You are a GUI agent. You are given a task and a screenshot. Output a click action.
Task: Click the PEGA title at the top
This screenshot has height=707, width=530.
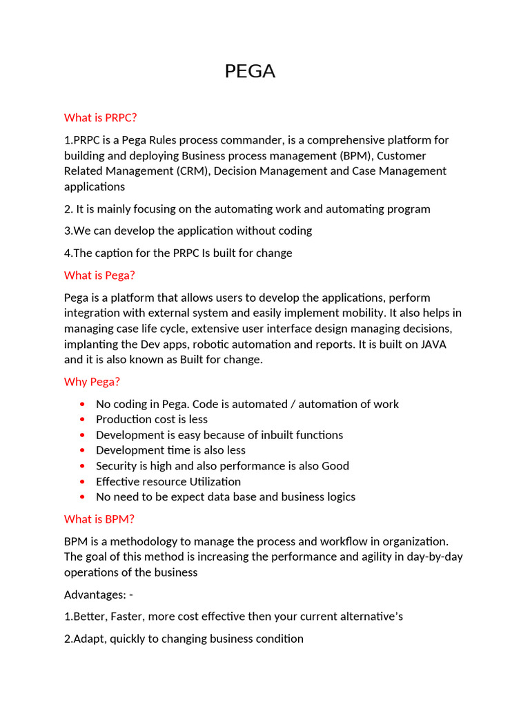(250, 71)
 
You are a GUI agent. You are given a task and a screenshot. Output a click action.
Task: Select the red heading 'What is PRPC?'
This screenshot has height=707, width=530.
(101, 117)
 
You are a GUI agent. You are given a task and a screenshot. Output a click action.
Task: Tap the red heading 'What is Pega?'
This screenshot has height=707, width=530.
(99, 275)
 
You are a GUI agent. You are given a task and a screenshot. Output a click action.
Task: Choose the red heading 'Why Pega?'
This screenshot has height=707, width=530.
(92, 382)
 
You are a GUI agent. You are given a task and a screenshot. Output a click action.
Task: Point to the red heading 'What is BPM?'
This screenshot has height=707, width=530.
(99, 519)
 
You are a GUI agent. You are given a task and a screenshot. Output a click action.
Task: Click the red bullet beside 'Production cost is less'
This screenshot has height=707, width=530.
(83, 420)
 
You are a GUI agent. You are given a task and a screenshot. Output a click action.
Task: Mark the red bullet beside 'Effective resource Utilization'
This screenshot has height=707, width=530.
(83, 482)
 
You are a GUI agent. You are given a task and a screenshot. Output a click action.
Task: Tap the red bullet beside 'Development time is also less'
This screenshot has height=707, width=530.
(83, 451)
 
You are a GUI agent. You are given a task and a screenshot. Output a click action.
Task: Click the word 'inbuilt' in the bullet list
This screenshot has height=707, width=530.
(272, 435)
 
